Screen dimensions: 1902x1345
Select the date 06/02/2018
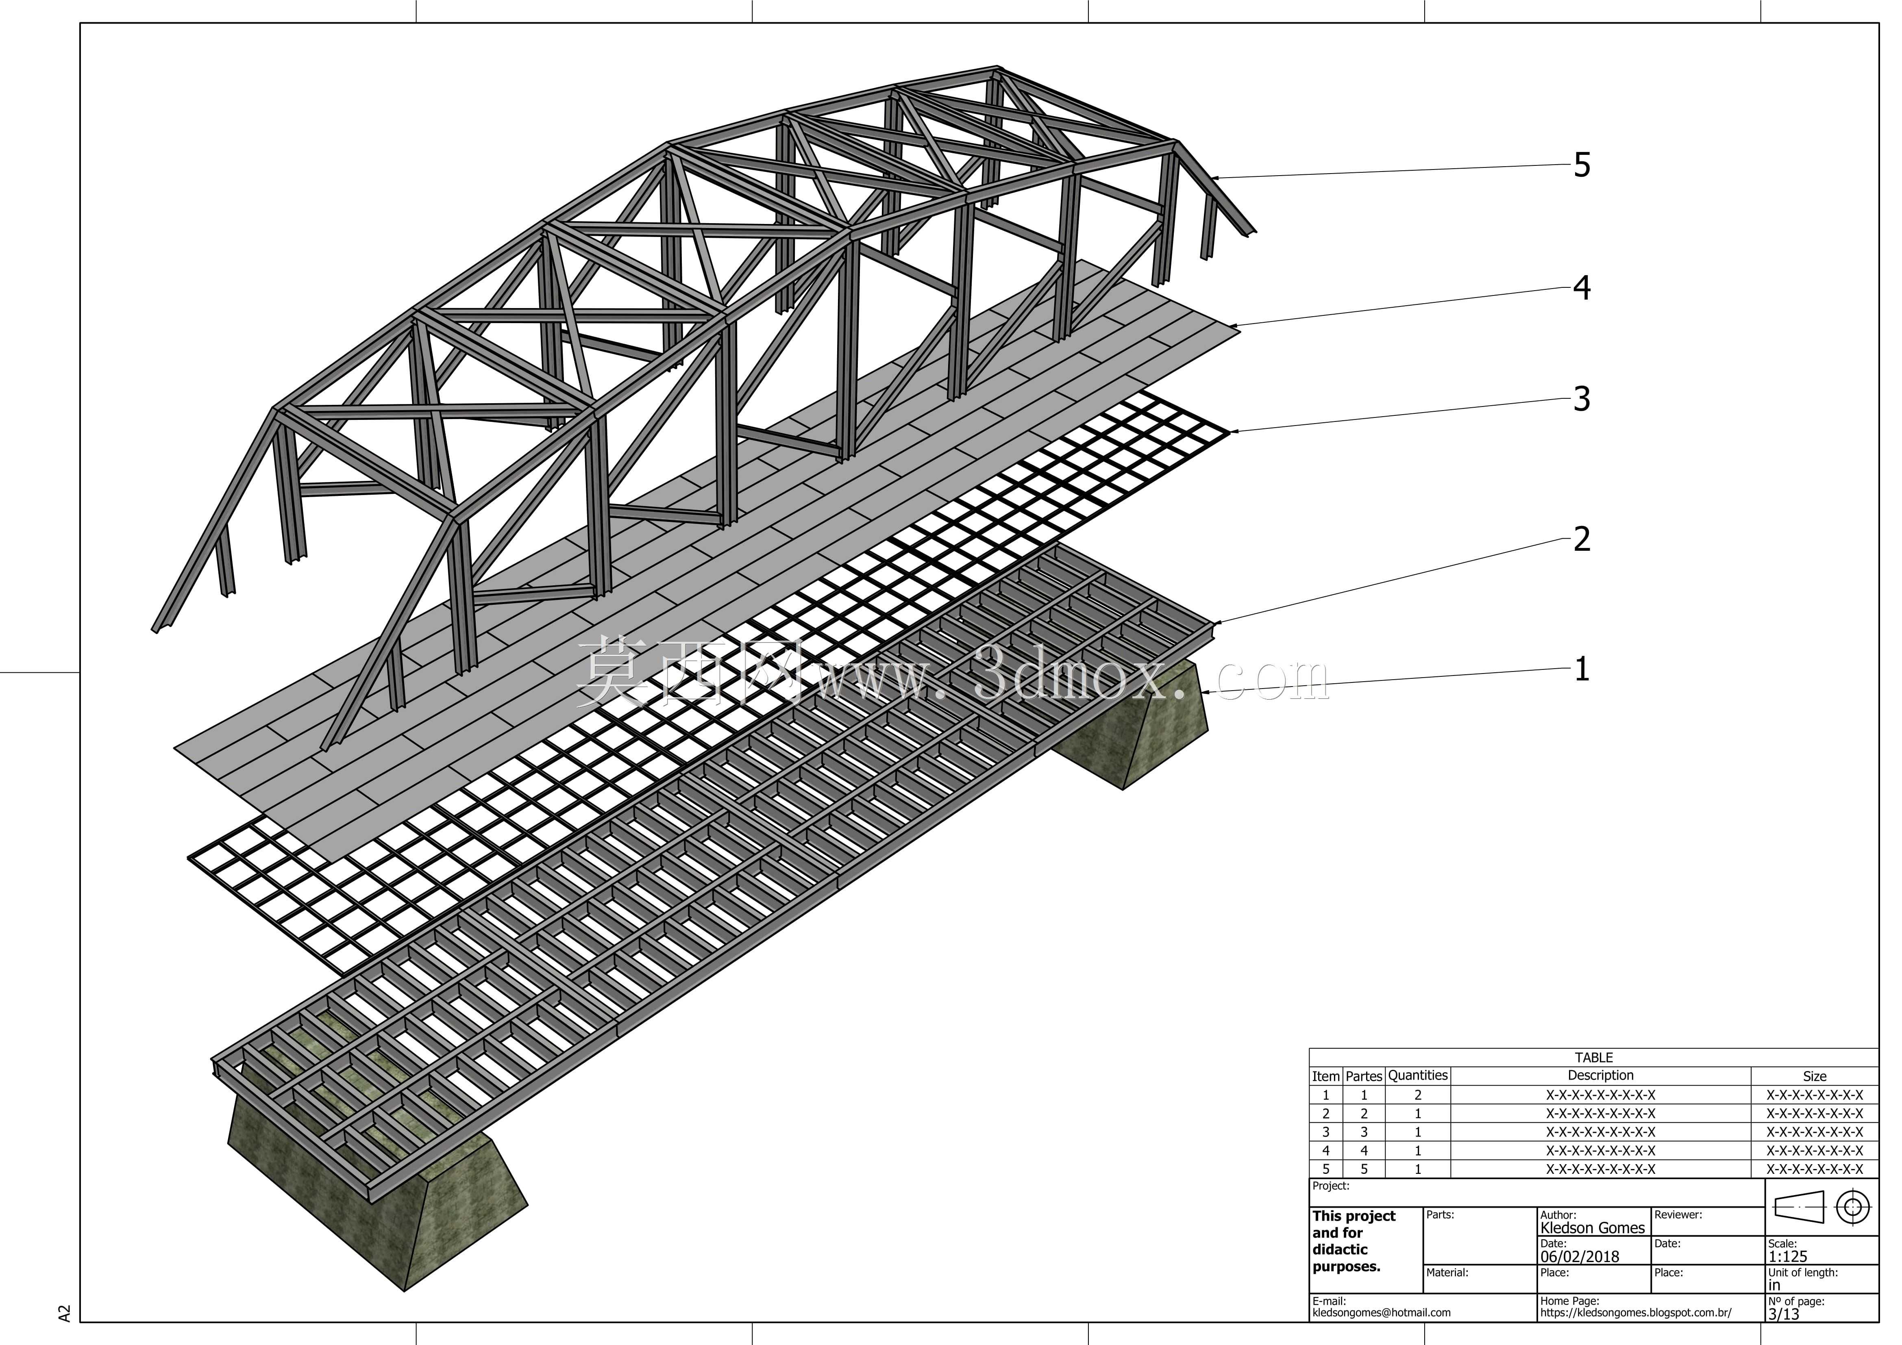click(1580, 1256)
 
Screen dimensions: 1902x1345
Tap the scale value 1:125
click(1788, 1256)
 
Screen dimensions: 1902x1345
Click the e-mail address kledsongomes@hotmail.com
click(1381, 1313)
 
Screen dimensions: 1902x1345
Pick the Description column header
click(1600, 1075)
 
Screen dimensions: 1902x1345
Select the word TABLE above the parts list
click(1594, 1058)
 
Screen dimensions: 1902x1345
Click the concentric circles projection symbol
click(1853, 1208)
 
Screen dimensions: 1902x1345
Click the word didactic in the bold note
click(1340, 1250)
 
